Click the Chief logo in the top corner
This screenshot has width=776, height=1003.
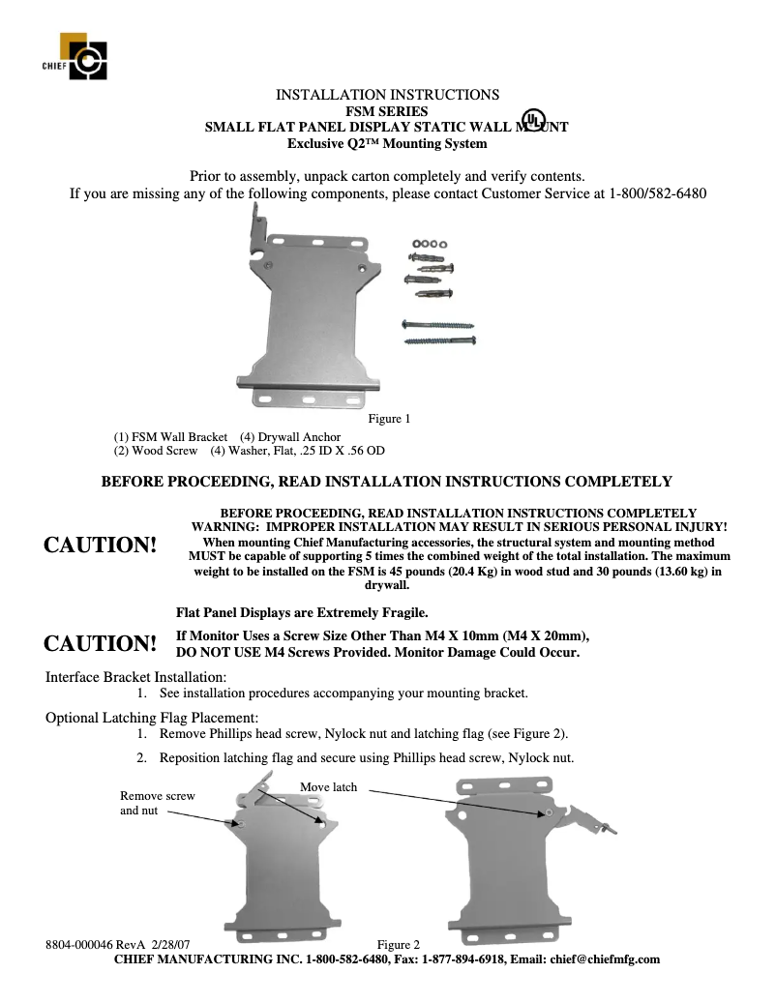coord(83,56)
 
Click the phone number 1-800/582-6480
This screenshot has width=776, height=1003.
coord(657,193)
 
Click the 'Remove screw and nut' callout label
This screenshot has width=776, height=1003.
coord(157,803)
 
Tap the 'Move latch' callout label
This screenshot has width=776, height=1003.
coord(328,787)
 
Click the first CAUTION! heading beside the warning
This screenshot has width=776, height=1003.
coord(101,546)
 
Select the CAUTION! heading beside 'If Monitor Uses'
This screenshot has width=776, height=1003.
coord(101,644)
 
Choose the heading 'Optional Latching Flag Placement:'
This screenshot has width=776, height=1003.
coord(152,718)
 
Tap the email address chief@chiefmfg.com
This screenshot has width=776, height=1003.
coord(605,959)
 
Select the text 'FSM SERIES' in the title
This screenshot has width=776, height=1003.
coord(387,111)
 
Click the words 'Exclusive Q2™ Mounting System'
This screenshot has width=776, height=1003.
coord(387,143)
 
